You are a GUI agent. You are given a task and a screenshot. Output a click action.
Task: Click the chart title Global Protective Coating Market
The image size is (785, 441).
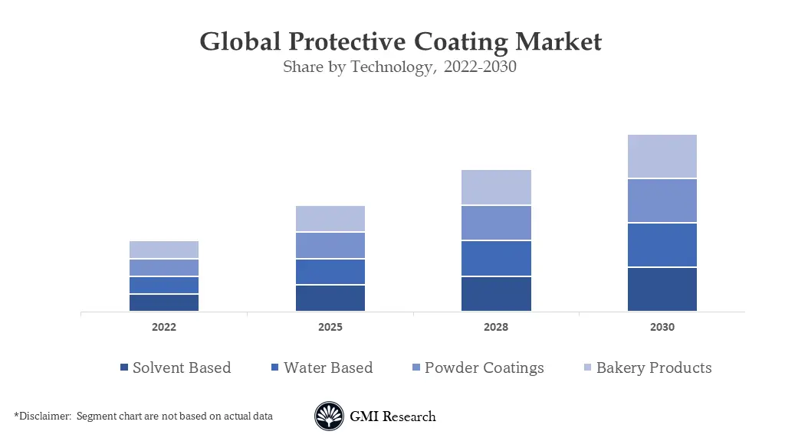[400, 41]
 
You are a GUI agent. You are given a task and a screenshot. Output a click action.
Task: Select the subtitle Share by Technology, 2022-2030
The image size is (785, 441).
[399, 67]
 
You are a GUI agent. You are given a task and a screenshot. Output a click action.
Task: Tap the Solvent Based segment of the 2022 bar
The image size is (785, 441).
[164, 302]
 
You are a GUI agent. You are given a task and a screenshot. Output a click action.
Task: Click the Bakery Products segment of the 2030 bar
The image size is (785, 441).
[662, 156]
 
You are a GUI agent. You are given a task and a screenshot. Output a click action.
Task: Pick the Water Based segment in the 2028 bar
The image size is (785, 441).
[496, 259]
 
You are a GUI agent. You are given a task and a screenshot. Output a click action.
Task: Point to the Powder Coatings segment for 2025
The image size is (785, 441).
[330, 245]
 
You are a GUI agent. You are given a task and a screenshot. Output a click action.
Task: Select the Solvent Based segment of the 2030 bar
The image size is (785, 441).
[662, 289]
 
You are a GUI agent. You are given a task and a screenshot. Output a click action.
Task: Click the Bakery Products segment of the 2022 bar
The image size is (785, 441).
[164, 250]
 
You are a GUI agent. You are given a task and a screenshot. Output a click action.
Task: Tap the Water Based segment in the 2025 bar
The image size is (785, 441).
[330, 272]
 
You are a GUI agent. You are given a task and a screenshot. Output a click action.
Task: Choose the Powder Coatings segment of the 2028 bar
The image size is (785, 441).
[496, 223]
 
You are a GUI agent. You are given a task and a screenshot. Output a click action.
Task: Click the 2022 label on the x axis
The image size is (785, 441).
[164, 327]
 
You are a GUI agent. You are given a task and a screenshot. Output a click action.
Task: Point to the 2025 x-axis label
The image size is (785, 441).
[330, 327]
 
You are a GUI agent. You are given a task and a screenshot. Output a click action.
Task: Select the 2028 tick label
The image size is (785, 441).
[496, 327]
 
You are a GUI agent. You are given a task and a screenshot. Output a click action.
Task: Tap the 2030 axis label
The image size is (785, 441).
[662, 327]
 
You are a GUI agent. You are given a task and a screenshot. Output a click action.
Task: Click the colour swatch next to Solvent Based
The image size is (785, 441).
[124, 368]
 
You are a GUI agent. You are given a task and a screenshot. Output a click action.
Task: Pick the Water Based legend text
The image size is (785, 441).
[328, 367]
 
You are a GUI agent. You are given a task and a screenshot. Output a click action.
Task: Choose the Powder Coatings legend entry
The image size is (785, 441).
[484, 367]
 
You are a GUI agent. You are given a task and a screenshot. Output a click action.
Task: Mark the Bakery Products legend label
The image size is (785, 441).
[654, 367]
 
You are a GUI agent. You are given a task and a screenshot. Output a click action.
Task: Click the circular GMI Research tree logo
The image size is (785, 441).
[329, 416]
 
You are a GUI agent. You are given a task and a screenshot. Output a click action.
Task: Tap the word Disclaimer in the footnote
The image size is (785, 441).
[45, 416]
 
